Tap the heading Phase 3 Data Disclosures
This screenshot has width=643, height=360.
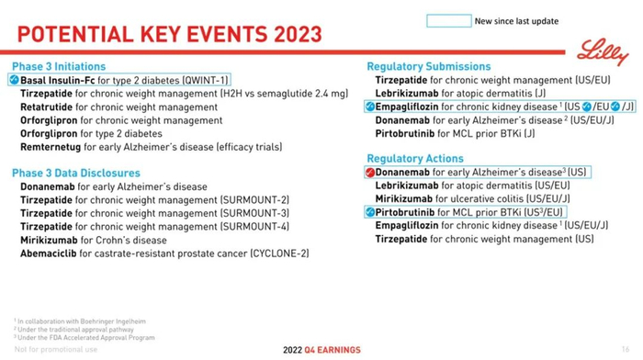coord(75,173)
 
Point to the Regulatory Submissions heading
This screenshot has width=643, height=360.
coord(429,66)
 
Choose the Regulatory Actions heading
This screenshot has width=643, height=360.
coord(416,159)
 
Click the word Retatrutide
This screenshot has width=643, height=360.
coord(47,107)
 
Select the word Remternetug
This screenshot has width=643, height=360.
coord(51,147)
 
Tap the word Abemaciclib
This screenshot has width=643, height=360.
coord(51,253)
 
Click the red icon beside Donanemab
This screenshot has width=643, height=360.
coord(370,173)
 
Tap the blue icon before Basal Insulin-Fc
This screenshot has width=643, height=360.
coord(14,80)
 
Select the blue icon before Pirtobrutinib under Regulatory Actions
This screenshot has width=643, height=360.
coord(370,213)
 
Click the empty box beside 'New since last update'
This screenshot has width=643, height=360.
coord(448,20)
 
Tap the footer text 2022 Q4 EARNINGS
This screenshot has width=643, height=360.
coord(321,350)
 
